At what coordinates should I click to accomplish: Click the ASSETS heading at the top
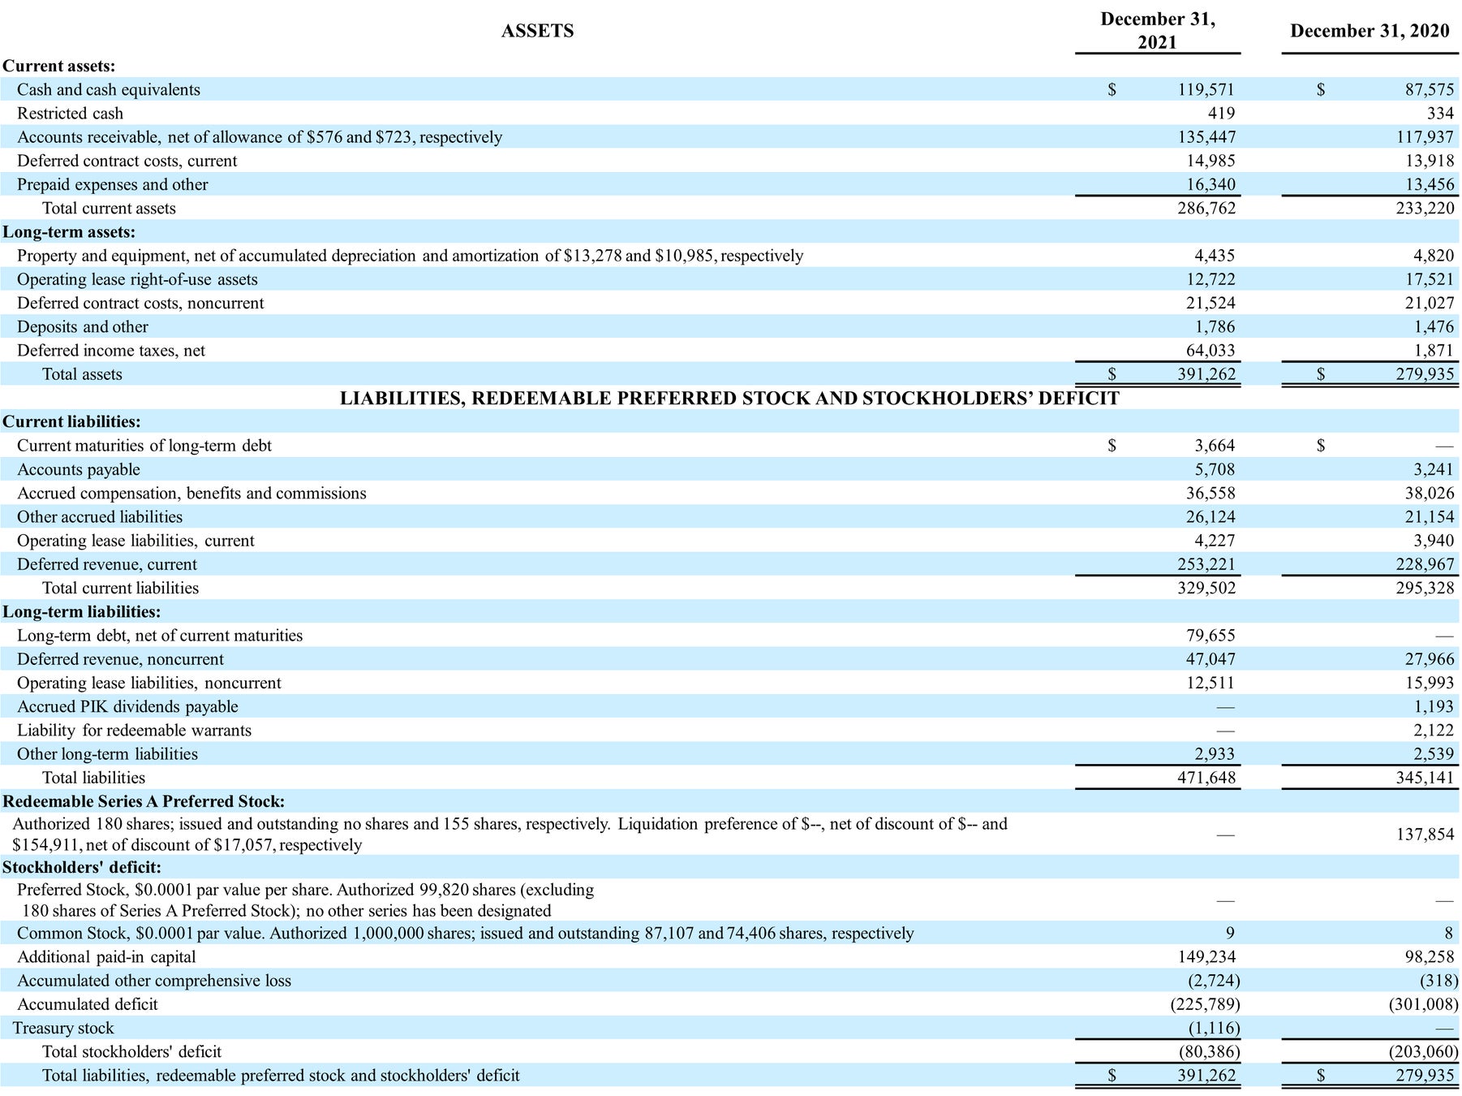(x=537, y=31)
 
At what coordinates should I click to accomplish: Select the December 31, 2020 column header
(x=1370, y=31)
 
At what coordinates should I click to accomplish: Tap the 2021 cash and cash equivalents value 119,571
(x=1206, y=89)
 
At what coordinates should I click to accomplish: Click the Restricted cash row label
(x=71, y=113)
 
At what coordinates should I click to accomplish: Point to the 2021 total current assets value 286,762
(x=1206, y=208)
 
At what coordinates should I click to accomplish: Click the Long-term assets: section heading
(x=69, y=232)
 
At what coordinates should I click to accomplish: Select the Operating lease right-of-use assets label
(x=137, y=279)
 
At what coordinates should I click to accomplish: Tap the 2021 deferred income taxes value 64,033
(x=1210, y=351)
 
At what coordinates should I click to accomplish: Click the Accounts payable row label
(x=79, y=469)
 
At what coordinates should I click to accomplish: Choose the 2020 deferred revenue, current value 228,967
(x=1424, y=564)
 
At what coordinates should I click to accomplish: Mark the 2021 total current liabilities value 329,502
(x=1206, y=588)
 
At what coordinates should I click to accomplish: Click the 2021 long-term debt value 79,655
(x=1210, y=635)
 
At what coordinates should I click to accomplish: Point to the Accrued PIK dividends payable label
(x=127, y=706)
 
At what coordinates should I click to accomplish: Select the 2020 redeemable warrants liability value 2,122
(x=1434, y=730)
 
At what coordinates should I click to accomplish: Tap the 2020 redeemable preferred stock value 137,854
(x=1424, y=834)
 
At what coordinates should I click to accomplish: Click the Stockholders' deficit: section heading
(x=82, y=867)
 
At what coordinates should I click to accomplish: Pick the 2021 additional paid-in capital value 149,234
(x=1206, y=957)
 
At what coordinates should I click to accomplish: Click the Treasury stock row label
(x=63, y=1028)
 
